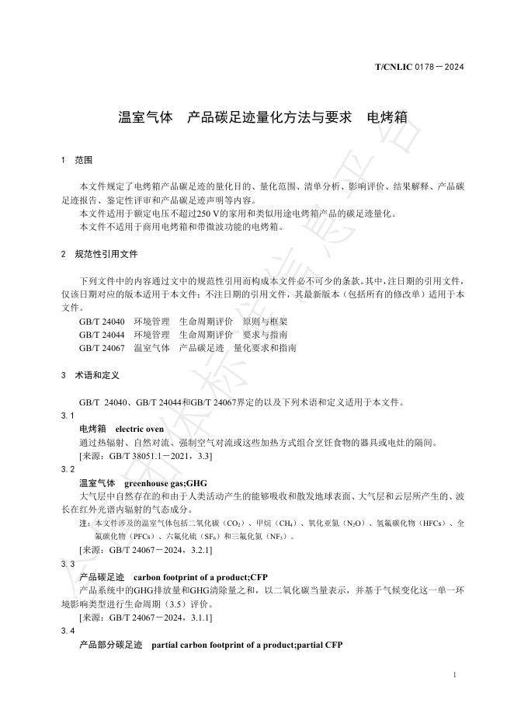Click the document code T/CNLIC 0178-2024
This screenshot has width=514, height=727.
(419, 68)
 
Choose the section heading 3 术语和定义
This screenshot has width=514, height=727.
(89, 375)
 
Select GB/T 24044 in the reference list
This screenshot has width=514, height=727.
(102, 335)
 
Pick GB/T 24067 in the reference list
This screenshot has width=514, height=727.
(102, 349)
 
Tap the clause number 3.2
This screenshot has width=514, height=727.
(68, 469)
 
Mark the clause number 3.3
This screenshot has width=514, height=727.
(68, 563)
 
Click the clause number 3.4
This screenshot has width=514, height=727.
(68, 631)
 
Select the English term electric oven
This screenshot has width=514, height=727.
(140, 429)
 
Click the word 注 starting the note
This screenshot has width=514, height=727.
(84, 524)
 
